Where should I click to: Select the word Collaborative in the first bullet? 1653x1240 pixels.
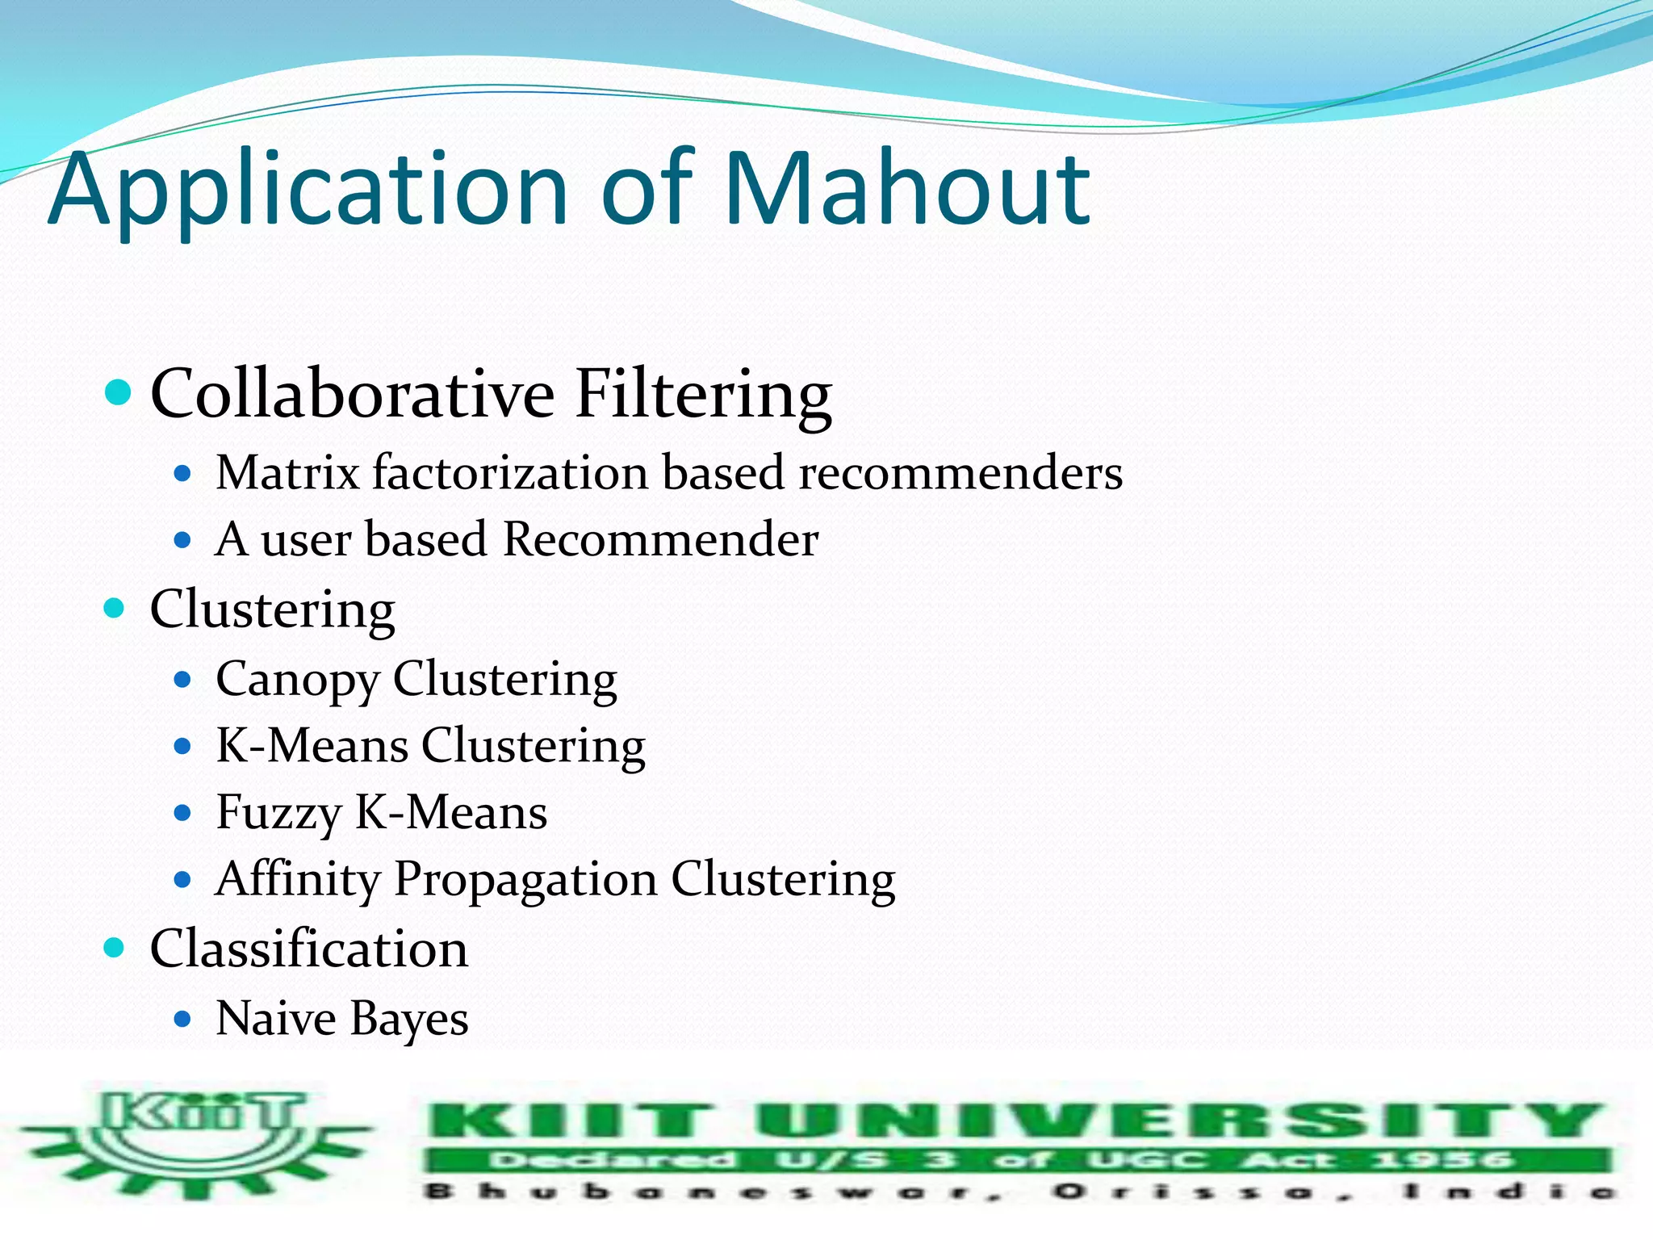pos(353,394)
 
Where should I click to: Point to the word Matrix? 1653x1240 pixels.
pos(287,472)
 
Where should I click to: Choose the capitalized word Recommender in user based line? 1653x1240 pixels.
pos(660,539)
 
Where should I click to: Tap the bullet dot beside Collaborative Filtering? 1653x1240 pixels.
pos(118,393)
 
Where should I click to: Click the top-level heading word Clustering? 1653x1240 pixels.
pos(273,610)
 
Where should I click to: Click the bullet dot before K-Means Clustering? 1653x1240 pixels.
pos(183,746)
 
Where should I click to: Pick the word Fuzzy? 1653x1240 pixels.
pos(279,814)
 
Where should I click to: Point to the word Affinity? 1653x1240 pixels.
pos(297,880)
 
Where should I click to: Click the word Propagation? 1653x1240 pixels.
pos(525,880)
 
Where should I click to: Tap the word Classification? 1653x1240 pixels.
pos(309,949)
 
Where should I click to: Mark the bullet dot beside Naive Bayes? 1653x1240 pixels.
pos(183,1019)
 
